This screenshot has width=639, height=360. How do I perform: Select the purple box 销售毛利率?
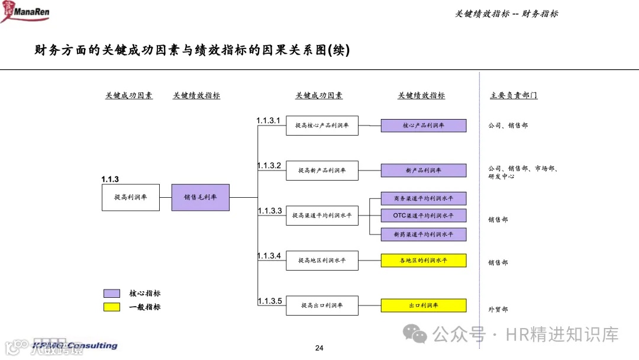[x=200, y=197]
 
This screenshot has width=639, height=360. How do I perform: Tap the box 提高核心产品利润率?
[x=322, y=126]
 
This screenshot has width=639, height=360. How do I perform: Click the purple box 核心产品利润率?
[x=423, y=126]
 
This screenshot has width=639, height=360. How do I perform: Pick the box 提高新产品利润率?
[x=322, y=171]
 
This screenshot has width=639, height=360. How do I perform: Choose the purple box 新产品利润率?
[x=423, y=171]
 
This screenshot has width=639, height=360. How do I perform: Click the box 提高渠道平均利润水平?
[x=322, y=216]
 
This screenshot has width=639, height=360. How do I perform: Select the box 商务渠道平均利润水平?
[x=423, y=198]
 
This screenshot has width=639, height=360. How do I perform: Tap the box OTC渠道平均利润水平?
[x=423, y=216]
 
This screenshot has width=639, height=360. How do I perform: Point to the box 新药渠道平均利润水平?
[x=423, y=234]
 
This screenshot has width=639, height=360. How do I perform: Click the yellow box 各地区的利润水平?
[x=423, y=261]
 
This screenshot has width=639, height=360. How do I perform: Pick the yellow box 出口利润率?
[x=423, y=306]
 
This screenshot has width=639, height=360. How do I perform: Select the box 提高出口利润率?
[x=322, y=306]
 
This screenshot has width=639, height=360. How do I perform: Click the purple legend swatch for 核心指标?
[x=112, y=293]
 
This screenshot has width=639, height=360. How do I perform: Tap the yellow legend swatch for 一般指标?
[x=112, y=307]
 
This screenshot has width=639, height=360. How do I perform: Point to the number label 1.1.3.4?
[x=269, y=256]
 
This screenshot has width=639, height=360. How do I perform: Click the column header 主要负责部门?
[x=514, y=95]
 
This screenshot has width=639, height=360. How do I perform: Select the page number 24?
[x=319, y=348]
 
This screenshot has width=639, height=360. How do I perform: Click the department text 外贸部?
[x=498, y=309]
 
